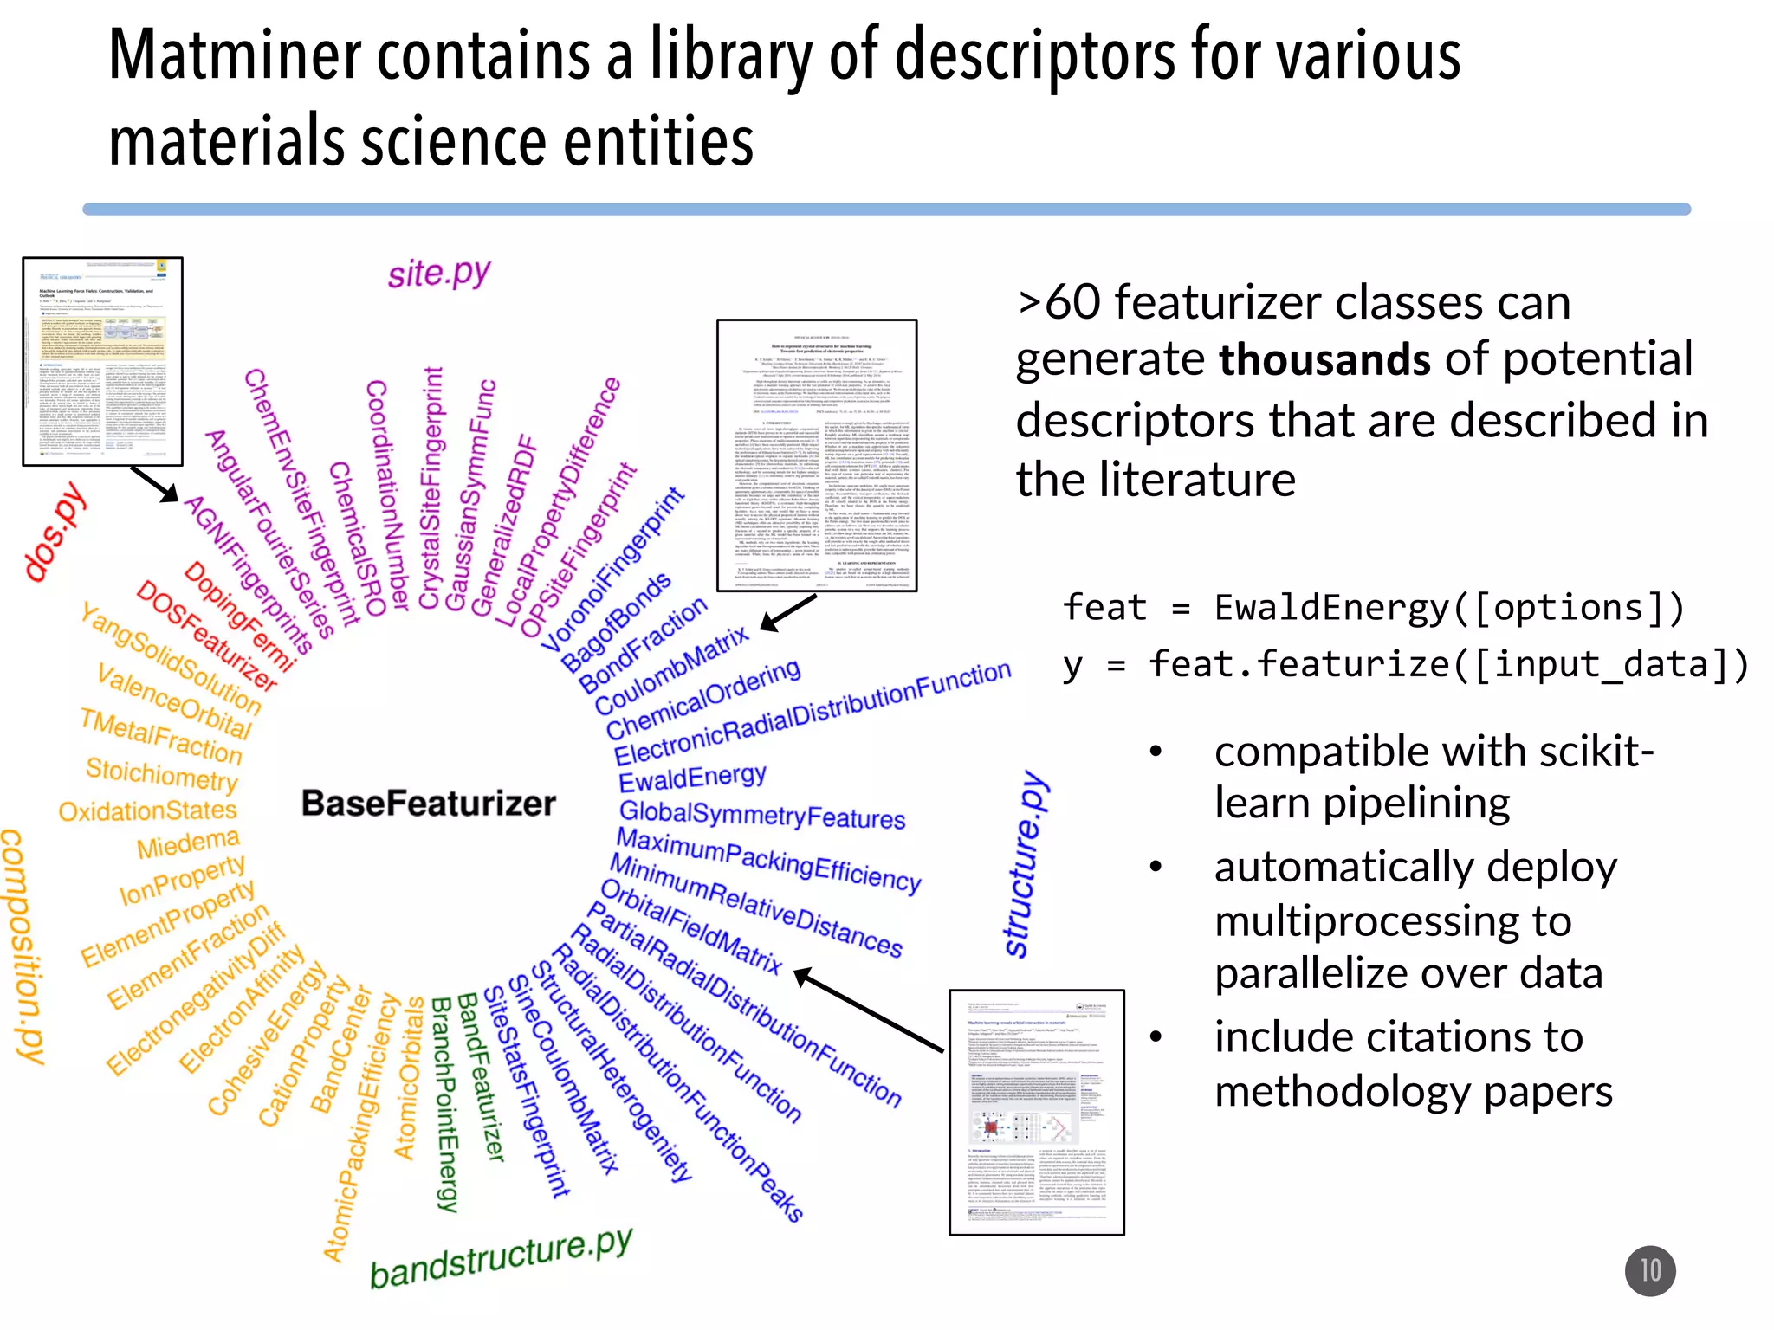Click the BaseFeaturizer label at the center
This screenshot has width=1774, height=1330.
(428, 804)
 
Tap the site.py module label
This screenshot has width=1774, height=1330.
(439, 274)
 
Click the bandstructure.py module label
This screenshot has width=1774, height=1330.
(501, 1257)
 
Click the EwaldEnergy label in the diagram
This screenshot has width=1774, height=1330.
(692, 778)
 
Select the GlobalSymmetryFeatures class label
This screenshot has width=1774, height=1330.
(761, 815)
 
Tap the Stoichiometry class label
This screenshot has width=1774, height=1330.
(161, 773)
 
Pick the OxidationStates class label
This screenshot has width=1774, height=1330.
(147, 811)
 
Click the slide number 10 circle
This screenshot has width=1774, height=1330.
(1649, 1270)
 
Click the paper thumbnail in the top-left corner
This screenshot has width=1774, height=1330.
(102, 361)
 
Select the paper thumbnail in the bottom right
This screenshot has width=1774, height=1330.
(1036, 1112)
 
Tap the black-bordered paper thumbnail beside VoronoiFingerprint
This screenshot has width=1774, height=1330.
(816, 455)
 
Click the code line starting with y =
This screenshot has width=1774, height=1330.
(1405, 665)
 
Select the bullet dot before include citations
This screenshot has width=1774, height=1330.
(1156, 1036)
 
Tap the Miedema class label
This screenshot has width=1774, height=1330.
(188, 843)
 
